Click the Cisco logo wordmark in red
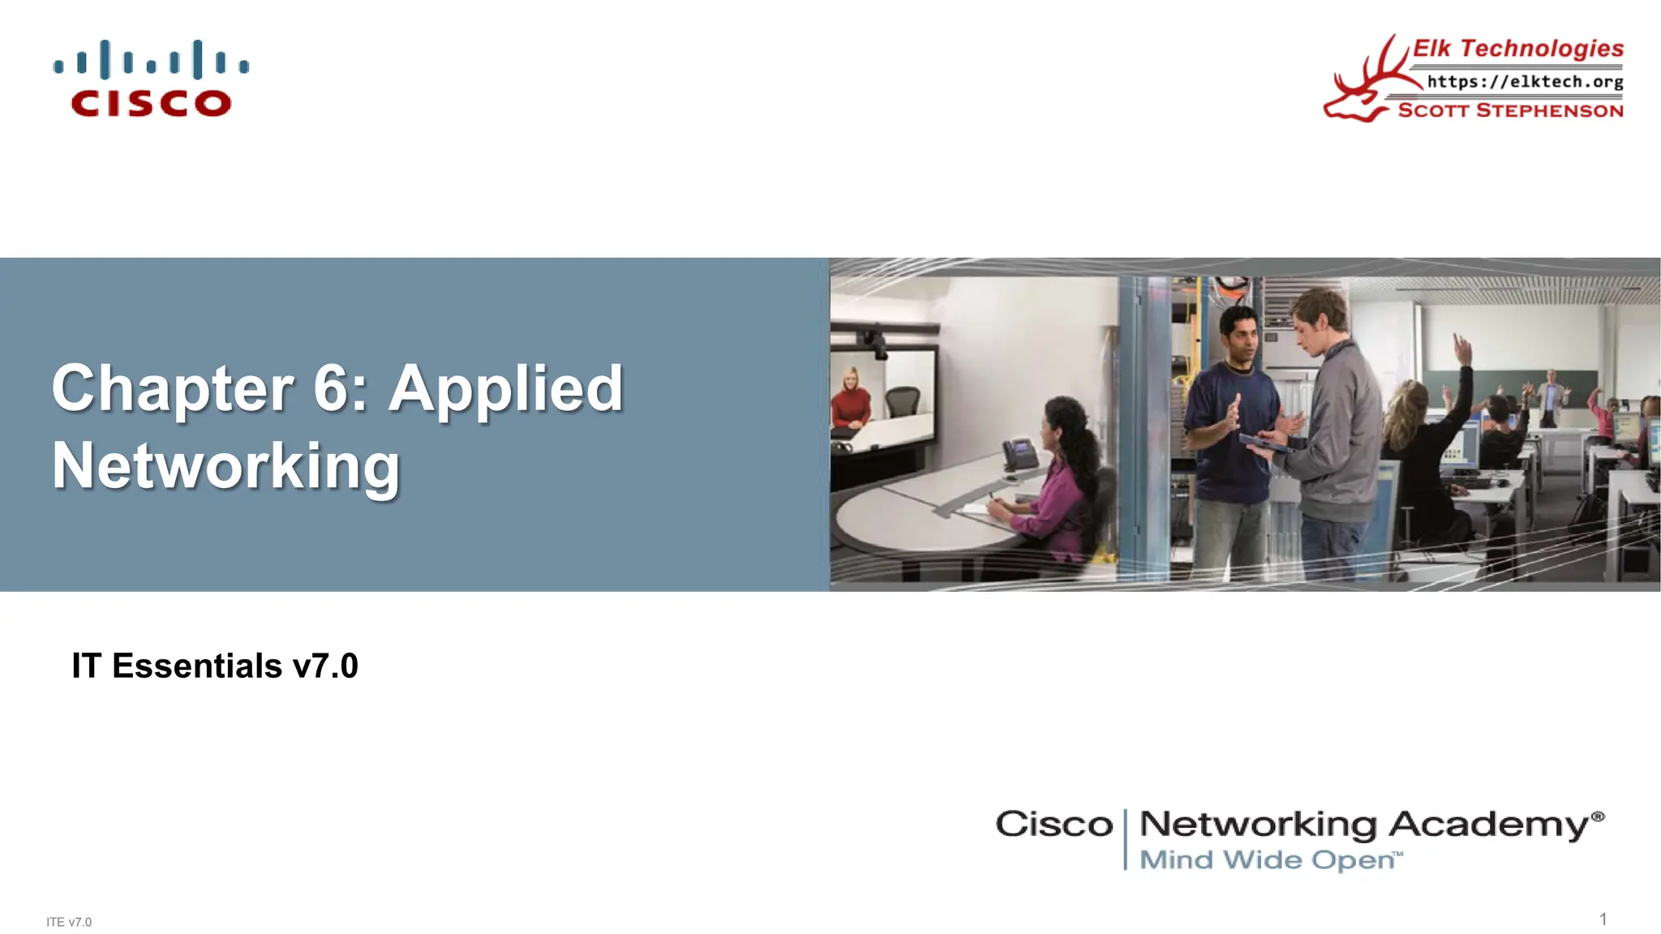click(151, 103)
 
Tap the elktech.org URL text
click(1525, 82)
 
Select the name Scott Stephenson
click(1510, 110)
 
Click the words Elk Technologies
click(1517, 49)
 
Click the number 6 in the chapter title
click(331, 388)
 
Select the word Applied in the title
click(506, 390)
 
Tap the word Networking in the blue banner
click(226, 466)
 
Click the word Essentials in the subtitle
click(197, 666)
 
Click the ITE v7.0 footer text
click(69, 922)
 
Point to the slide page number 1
click(1603, 919)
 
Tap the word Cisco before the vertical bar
click(1054, 825)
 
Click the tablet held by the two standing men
click(1265, 443)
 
